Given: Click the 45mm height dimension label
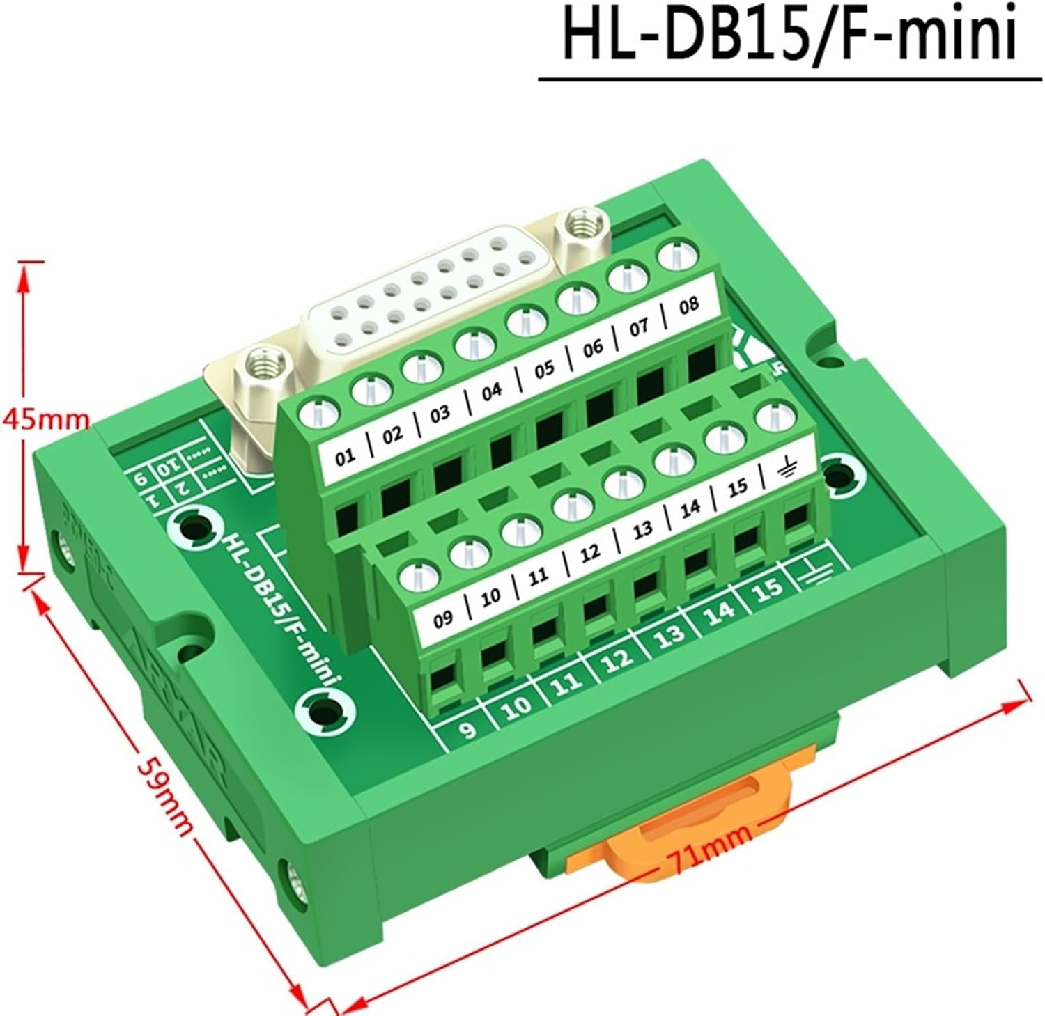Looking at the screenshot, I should point(46,419).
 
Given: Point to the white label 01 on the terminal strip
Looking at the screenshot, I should point(345,457).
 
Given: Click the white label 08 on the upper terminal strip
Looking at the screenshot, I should point(688,304).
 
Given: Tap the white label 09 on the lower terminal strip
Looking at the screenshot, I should point(443,618).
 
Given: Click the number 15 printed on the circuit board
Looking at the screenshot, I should point(768,590).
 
